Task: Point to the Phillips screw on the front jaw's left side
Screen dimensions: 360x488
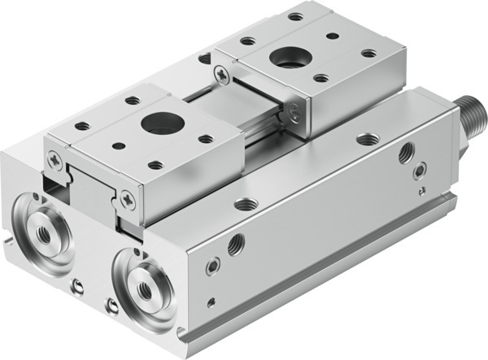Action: click(54, 161)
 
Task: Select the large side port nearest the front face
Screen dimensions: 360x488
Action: click(237, 244)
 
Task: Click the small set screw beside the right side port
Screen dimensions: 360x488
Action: click(420, 171)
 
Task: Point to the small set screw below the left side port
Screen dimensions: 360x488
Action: click(212, 266)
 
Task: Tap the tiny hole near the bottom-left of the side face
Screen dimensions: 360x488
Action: click(211, 303)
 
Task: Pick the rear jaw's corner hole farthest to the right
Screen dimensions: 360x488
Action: click(368, 54)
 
